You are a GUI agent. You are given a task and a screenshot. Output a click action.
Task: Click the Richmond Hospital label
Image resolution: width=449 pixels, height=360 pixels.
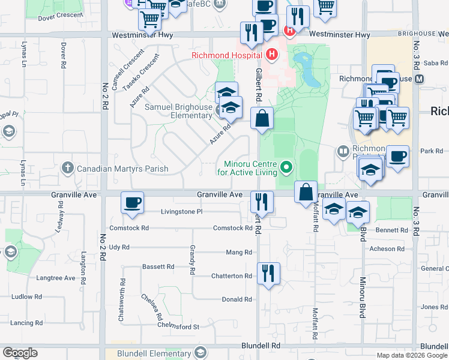click(x=228, y=56)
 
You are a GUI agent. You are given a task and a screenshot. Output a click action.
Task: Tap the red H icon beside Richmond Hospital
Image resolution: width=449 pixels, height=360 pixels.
click(x=273, y=55)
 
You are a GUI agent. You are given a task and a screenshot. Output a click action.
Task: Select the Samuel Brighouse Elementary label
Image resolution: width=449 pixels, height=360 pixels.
click(x=179, y=111)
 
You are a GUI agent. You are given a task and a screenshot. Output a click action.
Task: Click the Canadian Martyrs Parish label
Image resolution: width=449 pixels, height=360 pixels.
click(x=122, y=169)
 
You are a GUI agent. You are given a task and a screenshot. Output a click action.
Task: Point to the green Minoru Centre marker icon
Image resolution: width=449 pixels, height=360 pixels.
click(x=286, y=167)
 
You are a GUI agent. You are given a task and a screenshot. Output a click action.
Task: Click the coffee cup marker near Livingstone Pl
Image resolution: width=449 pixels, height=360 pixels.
click(x=133, y=202)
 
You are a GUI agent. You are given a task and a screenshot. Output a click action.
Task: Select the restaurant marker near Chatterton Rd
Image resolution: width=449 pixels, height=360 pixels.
click(x=268, y=273)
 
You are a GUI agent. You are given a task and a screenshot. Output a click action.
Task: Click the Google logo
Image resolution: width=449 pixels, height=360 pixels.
click(x=20, y=353)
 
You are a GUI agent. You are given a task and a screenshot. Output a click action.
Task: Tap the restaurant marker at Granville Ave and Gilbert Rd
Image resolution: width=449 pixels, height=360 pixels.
click(x=262, y=202)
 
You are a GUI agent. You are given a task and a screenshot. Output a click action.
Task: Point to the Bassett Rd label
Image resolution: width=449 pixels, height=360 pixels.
click(x=158, y=266)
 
